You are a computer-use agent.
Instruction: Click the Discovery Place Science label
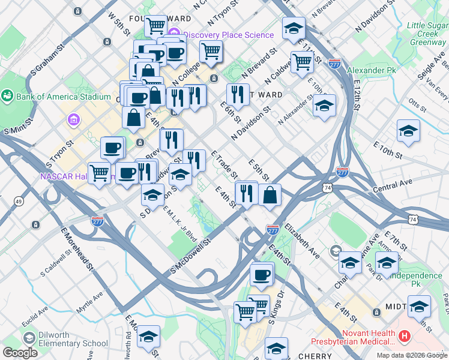229,34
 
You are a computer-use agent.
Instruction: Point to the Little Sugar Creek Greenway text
427,34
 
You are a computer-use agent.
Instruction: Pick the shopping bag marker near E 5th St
271,194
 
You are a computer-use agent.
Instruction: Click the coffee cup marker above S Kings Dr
262,275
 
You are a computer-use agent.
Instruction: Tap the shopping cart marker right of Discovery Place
211,52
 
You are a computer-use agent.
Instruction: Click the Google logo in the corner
20,352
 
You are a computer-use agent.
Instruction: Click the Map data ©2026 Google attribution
411,355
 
